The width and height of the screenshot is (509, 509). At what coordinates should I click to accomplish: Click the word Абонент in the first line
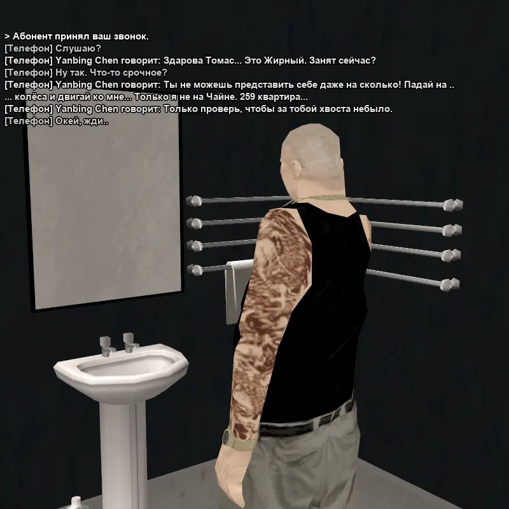point(32,36)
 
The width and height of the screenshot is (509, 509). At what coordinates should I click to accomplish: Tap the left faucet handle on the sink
point(106,346)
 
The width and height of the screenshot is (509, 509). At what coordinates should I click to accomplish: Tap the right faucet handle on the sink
point(130,342)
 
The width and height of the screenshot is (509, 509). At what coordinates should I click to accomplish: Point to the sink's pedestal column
point(123,454)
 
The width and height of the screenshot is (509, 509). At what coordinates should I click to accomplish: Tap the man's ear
point(295,169)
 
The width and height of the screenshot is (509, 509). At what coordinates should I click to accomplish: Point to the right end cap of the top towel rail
point(453,205)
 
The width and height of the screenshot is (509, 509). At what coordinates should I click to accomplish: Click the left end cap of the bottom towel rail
point(195,270)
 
